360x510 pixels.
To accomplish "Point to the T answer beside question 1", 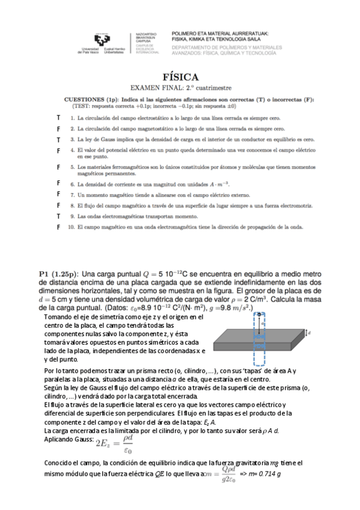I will pos(58,118).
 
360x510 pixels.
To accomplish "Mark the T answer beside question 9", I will pos(58,215).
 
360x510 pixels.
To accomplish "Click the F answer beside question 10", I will pos(58,227).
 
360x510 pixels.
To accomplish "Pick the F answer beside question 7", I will pos(58,194).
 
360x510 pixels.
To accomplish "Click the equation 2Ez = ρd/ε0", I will pos(112,444).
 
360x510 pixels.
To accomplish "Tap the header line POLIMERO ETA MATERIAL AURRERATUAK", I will pos(220,34).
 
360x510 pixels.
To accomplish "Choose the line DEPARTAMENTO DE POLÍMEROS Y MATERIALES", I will pos(227,46).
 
